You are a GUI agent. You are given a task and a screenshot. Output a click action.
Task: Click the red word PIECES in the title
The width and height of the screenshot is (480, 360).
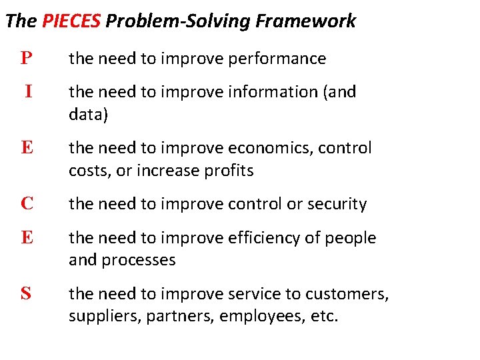coord(71,21)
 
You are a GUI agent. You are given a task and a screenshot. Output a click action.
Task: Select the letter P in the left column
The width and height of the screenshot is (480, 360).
coord(26,59)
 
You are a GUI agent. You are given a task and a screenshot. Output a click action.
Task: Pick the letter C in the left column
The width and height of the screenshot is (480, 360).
coord(27,204)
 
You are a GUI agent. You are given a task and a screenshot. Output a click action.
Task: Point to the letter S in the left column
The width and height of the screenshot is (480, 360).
coord(26,293)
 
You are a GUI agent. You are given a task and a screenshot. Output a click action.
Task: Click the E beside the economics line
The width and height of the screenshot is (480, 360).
coord(27,147)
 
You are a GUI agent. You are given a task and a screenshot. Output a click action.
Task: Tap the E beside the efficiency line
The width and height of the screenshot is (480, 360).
coord(27,238)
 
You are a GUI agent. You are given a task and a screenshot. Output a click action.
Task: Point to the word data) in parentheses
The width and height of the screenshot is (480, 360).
coord(89,114)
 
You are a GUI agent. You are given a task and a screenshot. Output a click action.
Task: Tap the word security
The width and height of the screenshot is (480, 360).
coord(337,204)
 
